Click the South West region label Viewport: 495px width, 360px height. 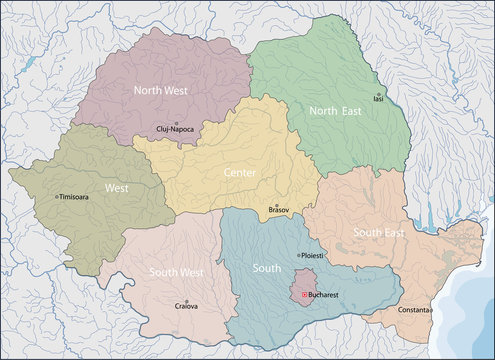pos(177,271)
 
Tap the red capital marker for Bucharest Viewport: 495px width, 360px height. pos(305,295)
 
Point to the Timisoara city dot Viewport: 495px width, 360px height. pos(57,197)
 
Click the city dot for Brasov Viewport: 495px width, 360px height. pos(276,206)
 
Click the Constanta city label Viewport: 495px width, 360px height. pos(406,310)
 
